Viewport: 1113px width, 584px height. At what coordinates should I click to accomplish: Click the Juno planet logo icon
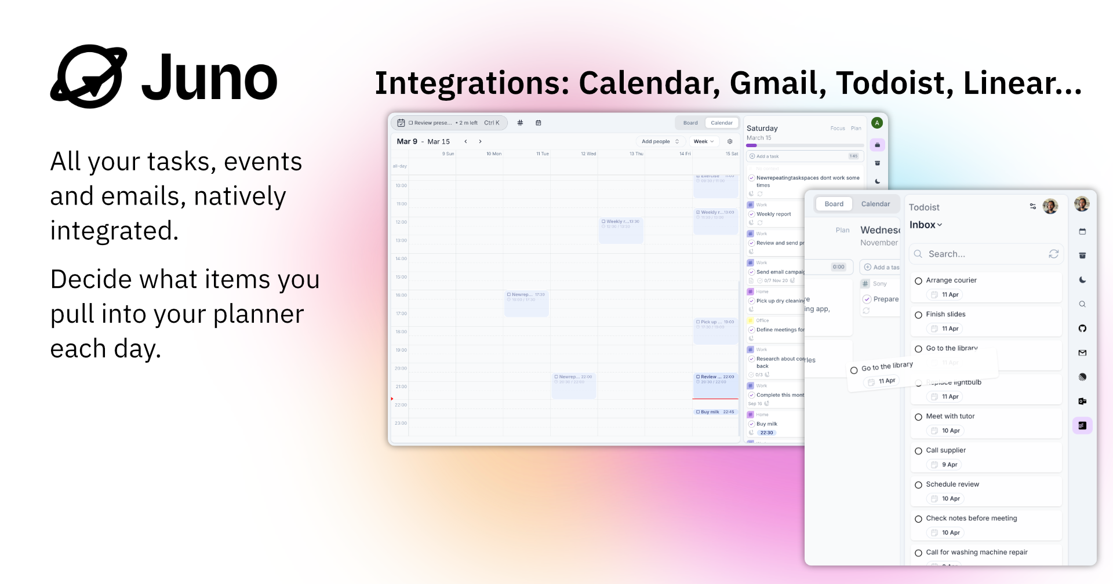click(89, 76)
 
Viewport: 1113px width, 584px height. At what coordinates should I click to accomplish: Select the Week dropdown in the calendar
click(704, 141)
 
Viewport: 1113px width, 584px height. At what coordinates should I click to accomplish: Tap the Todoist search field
click(980, 254)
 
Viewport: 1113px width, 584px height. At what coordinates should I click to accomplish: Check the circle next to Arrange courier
click(918, 281)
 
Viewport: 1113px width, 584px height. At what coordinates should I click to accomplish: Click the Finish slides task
click(945, 314)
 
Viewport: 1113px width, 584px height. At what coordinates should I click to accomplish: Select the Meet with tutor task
click(950, 416)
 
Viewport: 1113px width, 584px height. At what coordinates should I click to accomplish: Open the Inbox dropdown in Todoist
click(926, 225)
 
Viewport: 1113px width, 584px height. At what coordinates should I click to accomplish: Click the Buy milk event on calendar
click(715, 412)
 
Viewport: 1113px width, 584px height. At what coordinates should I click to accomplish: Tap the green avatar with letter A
click(877, 123)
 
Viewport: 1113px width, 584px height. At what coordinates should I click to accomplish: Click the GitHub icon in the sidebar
click(1082, 329)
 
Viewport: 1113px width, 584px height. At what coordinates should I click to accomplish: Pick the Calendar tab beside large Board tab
click(875, 204)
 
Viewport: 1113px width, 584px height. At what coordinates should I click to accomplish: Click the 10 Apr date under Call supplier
click(949, 465)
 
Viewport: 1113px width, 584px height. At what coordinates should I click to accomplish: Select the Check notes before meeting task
click(971, 518)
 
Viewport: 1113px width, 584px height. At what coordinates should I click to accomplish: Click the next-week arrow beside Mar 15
click(480, 141)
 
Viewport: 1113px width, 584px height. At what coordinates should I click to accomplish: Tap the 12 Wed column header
click(588, 154)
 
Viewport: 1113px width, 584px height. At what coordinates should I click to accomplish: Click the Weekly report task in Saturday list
click(773, 214)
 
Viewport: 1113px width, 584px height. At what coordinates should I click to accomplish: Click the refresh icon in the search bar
click(1053, 254)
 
